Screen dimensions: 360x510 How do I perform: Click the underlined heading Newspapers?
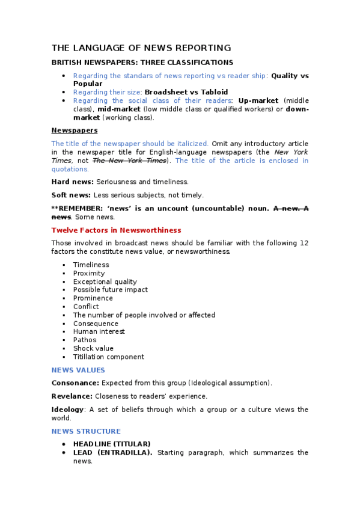(75, 130)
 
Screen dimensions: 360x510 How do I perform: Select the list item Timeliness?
(91, 265)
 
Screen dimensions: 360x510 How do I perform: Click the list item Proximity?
(89, 273)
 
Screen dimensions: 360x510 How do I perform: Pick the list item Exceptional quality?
(105, 281)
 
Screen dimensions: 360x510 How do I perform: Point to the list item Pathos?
(85, 340)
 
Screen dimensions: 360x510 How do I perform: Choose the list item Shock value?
(93, 348)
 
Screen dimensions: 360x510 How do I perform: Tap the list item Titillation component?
(109, 357)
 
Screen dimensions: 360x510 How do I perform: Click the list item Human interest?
(99, 331)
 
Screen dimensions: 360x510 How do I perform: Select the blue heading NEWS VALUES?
(78, 370)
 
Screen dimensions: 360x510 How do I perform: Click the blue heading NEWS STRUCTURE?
(86, 431)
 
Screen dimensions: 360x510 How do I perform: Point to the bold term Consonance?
(75, 382)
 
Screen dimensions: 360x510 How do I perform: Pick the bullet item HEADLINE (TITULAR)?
(112, 444)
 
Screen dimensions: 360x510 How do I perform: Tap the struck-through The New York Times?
(129, 161)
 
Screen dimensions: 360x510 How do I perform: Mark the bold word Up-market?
(258, 100)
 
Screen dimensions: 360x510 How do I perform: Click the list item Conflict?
(86, 307)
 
